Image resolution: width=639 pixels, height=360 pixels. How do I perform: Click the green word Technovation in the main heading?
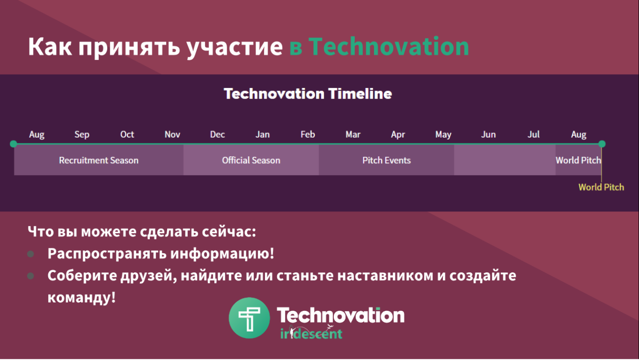pos(389,47)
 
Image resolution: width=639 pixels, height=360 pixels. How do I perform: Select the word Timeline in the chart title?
pos(360,93)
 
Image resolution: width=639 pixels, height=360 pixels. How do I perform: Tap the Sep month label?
pos(82,134)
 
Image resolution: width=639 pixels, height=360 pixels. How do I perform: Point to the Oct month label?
pos(127,134)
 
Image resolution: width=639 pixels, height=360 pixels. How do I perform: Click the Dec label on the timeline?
pos(217,134)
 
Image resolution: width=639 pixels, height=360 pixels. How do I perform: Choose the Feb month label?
pos(308,134)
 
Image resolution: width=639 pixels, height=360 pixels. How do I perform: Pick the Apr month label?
pos(398,134)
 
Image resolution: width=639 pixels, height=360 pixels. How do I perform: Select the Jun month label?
pos(489,134)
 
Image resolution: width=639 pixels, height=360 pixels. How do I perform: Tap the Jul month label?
pos(533,134)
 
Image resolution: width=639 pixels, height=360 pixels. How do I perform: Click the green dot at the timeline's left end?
pos(13,144)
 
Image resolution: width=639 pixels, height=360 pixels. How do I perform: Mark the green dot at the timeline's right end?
pos(602,144)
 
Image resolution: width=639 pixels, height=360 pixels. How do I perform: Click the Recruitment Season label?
pos(99,160)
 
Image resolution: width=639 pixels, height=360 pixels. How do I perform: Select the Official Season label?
pos(251,160)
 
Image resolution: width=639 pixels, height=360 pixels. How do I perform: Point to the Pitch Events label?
pos(386,160)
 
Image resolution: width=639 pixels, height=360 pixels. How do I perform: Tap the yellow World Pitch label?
pos(601,187)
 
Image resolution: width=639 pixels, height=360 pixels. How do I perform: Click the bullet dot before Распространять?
pos(30,254)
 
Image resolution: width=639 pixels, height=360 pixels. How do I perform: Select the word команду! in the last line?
pos(82,297)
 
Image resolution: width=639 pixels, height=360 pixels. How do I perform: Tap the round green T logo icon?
pos(249,318)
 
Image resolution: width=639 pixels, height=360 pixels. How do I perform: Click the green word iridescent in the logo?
pos(311,333)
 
